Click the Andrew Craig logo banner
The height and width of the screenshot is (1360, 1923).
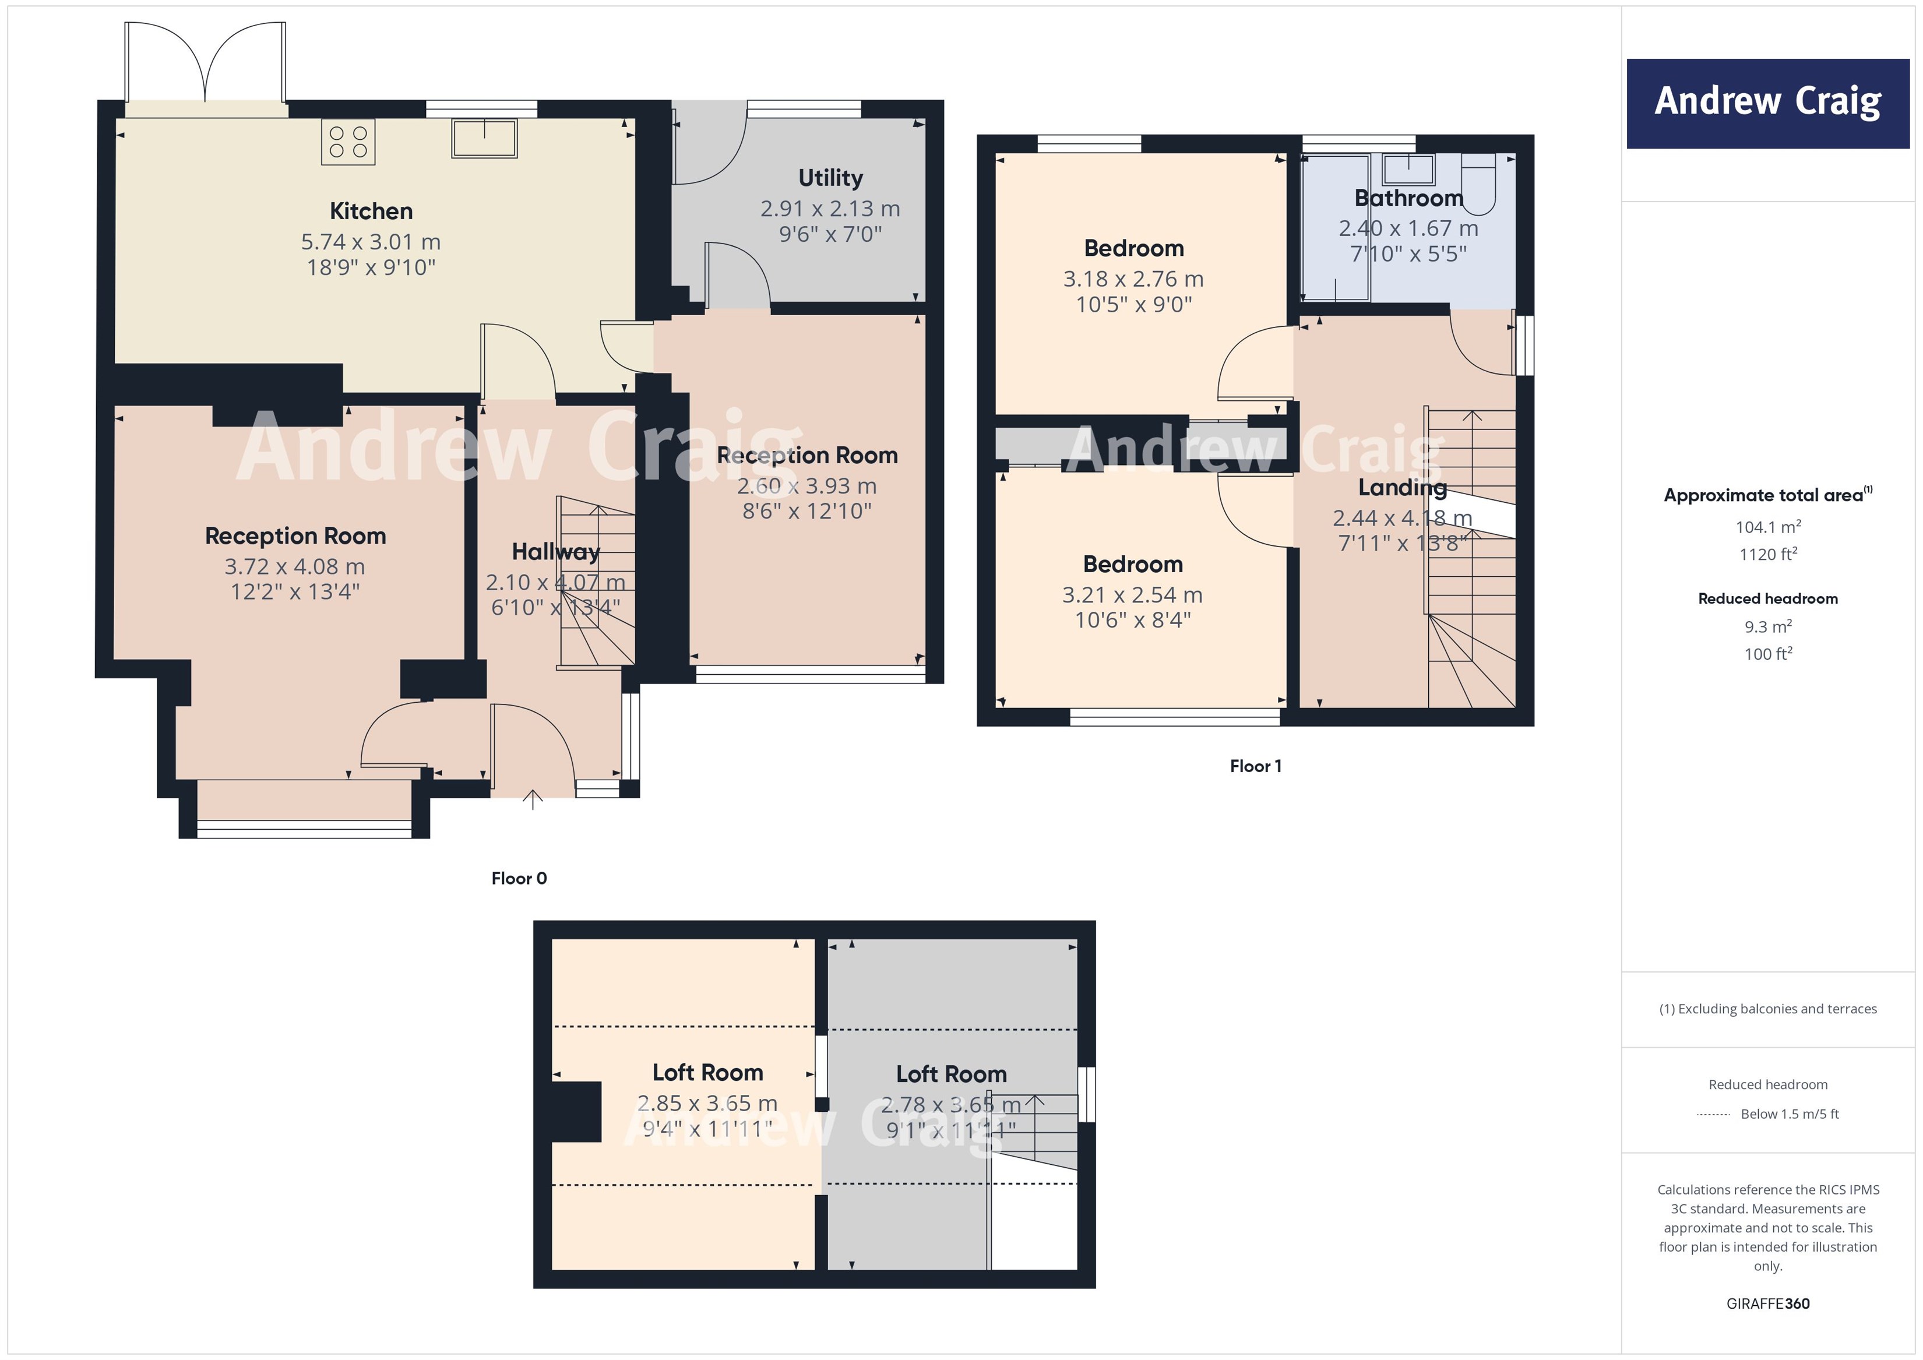tap(1767, 103)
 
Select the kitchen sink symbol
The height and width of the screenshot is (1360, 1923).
tap(484, 138)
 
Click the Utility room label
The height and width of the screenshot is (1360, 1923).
tap(830, 178)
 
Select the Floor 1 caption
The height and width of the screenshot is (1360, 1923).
tap(1255, 766)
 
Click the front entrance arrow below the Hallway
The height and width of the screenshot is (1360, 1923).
tap(532, 800)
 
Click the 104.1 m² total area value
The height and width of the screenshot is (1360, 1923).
tap(1767, 527)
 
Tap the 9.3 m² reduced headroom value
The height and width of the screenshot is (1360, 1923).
tap(1767, 626)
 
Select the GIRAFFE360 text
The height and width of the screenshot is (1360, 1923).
tap(1767, 1303)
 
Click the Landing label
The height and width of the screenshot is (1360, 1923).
tap(1402, 487)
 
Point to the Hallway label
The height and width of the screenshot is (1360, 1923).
tap(555, 552)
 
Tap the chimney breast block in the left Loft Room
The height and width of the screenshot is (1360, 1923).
tap(576, 1111)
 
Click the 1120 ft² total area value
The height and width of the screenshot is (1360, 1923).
tap(1767, 554)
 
